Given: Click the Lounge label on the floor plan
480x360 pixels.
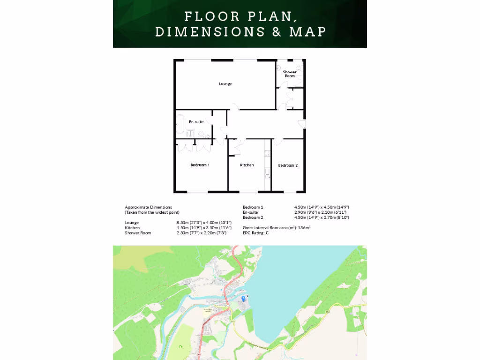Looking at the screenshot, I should click(225, 84).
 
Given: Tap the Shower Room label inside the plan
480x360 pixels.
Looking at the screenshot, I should click(290, 74).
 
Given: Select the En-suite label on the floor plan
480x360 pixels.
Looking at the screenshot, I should click(196, 122).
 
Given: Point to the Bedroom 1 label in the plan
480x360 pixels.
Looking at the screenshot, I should click(200, 165).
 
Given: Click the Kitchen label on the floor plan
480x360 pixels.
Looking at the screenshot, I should click(247, 165).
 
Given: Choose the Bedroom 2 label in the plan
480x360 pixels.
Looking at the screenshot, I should click(288, 165).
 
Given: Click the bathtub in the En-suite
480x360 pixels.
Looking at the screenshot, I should click(180, 123).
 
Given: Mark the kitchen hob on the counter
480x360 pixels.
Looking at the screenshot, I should click(268, 153).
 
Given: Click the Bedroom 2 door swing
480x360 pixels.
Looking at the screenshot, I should click(278, 141).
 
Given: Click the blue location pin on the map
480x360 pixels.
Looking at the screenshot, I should click(243, 298).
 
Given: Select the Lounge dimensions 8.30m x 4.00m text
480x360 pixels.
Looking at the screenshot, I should click(201, 222).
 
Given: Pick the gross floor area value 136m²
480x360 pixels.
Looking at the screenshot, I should click(304, 228).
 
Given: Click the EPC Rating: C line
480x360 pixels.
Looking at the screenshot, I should click(255, 233).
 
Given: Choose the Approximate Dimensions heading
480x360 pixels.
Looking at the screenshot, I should click(148, 207).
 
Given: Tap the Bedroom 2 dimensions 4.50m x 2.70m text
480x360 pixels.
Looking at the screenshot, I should click(322, 217).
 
